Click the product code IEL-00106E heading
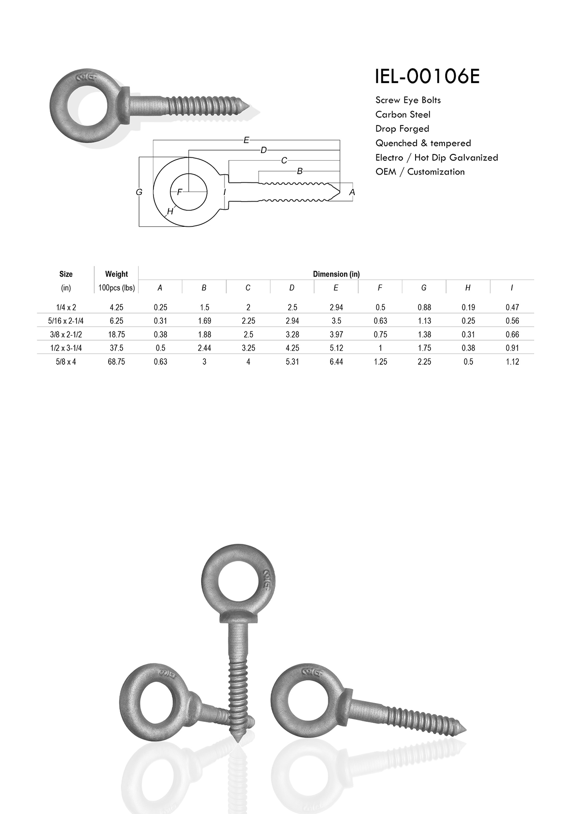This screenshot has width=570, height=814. [427, 76]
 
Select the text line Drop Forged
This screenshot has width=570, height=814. [402, 129]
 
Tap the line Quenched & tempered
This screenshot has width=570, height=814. [423, 143]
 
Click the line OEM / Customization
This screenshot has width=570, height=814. [420, 172]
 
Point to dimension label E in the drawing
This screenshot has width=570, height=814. [246, 140]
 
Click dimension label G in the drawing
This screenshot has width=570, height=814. [139, 192]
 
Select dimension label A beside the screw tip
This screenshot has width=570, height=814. [352, 192]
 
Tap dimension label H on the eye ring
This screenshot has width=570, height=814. [170, 211]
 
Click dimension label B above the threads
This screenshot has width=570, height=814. [299, 171]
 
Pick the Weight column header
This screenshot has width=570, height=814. [116, 274]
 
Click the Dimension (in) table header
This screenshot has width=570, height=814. [336, 274]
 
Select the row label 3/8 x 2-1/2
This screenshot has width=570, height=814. [66, 334]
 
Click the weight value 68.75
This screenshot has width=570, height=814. [116, 361]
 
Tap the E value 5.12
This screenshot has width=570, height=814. [336, 348]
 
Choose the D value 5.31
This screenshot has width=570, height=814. [292, 361]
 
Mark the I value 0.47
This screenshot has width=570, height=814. [512, 307]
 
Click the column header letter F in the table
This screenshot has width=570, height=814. [380, 288]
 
